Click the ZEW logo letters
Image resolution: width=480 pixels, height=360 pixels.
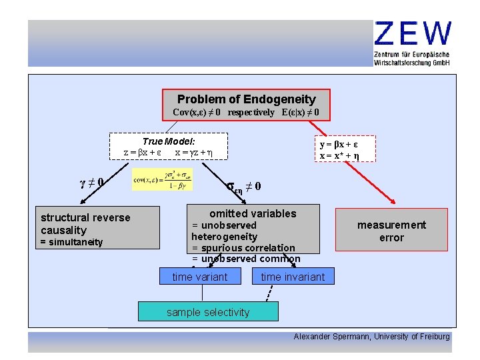[x=413, y=34]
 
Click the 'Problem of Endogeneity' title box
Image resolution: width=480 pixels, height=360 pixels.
[x=246, y=99]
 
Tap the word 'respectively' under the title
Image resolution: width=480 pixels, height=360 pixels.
[x=251, y=112]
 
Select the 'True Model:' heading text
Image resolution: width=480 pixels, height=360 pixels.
[x=169, y=141]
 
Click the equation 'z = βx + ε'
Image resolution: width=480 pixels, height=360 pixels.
[x=141, y=152]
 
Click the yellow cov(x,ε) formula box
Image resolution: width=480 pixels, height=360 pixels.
[x=163, y=179]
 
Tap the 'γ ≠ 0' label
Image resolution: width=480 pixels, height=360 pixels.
[x=91, y=182]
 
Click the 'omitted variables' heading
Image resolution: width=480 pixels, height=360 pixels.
[x=253, y=213]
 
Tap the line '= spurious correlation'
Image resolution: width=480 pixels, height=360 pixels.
[x=243, y=248]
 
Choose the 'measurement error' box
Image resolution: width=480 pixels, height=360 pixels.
[x=391, y=231]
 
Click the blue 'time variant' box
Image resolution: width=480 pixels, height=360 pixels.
[x=199, y=277]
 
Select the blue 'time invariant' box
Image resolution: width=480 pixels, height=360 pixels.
[x=293, y=277]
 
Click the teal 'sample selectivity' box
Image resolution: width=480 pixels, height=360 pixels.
[x=208, y=312]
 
